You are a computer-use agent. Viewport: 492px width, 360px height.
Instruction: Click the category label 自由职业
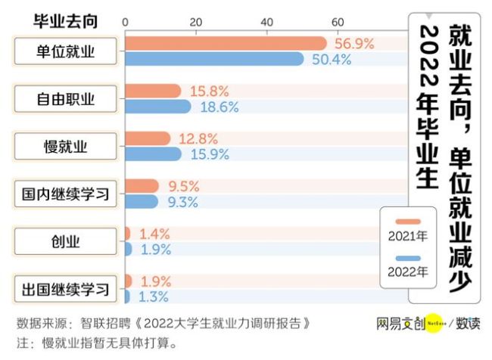click(66, 98)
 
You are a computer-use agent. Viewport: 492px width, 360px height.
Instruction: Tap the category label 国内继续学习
click(66, 194)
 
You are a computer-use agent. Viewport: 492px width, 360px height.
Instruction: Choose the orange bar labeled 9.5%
click(142, 186)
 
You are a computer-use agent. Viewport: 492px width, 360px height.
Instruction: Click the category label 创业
click(66, 241)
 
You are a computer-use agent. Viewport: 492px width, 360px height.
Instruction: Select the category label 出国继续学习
click(66, 289)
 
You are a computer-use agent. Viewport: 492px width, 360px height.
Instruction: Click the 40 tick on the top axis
click(267, 20)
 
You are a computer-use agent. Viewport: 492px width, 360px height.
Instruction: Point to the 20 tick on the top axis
click(196, 20)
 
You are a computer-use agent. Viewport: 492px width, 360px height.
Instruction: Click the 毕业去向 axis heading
click(65, 20)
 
